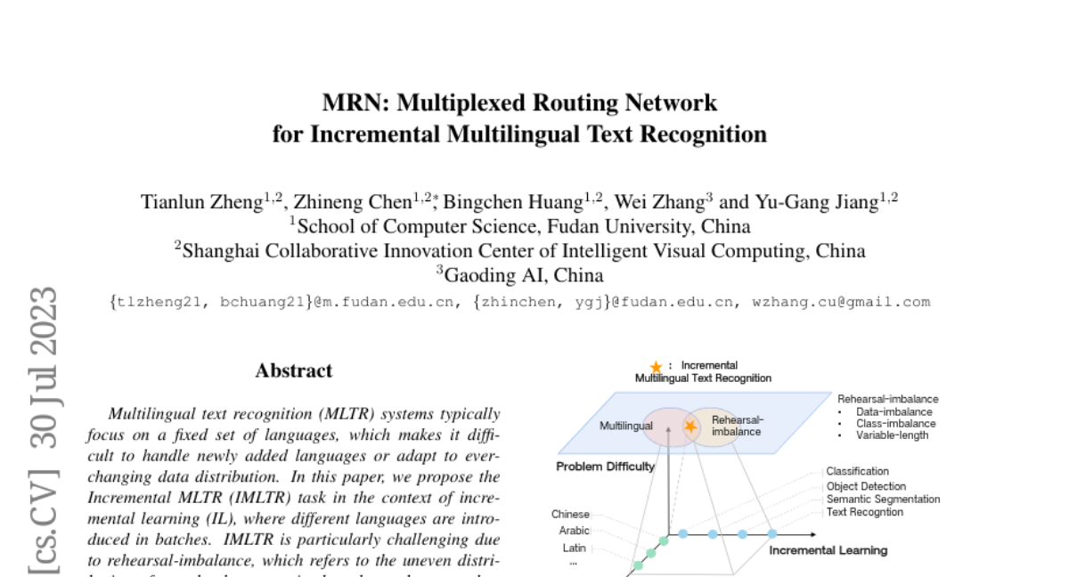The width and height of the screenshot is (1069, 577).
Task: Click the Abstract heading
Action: click(294, 370)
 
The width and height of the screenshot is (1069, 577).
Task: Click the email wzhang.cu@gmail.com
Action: click(842, 302)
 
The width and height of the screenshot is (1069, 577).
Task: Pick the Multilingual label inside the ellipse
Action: click(625, 427)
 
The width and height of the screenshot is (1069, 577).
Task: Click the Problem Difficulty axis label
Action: click(606, 467)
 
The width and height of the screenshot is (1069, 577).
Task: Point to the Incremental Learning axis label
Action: click(828, 550)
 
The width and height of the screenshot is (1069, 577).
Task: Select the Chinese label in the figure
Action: click(570, 514)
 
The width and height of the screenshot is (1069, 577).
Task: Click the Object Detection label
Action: click(866, 486)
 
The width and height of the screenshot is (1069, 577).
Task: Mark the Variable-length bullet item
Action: click(893, 435)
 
